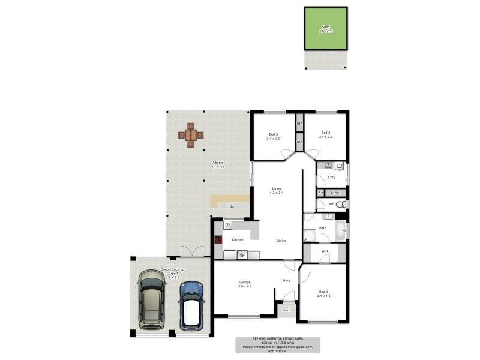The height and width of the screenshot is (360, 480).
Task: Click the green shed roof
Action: tap(326, 28)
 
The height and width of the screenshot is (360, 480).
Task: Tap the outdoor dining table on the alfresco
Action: tap(191, 135)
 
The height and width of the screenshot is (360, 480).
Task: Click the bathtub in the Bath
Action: tap(341, 230)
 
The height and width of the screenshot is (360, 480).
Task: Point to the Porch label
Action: tap(287, 310)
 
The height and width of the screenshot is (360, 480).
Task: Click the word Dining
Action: tap(281, 241)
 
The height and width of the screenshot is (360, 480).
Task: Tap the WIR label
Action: tap(325, 251)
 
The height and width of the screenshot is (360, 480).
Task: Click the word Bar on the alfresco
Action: tap(232, 207)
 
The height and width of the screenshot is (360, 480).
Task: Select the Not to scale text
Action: tap(277, 350)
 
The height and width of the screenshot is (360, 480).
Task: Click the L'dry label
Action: tap(331, 178)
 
